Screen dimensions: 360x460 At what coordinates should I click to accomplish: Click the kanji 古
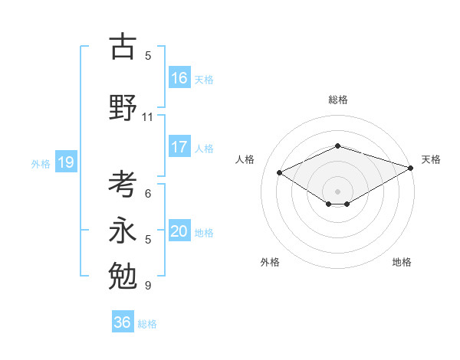click(123, 47)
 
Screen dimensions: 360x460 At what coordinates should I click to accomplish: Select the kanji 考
click(123, 185)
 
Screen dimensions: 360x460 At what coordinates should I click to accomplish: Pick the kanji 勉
click(123, 273)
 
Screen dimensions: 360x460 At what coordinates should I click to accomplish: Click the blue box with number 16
click(179, 78)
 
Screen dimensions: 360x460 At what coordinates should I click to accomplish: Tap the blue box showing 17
click(179, 147)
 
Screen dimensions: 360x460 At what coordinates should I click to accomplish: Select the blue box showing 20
click(179, 231)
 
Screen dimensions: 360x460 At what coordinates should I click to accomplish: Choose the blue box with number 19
click(65, 162)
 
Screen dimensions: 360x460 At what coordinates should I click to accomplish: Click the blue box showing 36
click(122, 322)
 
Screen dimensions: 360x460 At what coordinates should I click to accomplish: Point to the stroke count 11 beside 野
click(148, 117)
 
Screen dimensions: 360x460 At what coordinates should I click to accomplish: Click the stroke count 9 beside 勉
click(148, 286)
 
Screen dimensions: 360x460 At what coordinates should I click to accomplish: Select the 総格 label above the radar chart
click(338, 100)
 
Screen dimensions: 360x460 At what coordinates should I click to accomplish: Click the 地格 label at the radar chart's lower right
click(402, 262)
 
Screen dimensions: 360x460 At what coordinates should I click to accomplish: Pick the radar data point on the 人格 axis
click(279, 172)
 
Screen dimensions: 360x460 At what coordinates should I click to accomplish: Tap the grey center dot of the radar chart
click(338, 190)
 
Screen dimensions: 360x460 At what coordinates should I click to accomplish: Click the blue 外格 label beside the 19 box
click(40, 163)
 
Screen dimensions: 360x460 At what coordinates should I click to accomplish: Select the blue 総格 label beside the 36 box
click(147, 324)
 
